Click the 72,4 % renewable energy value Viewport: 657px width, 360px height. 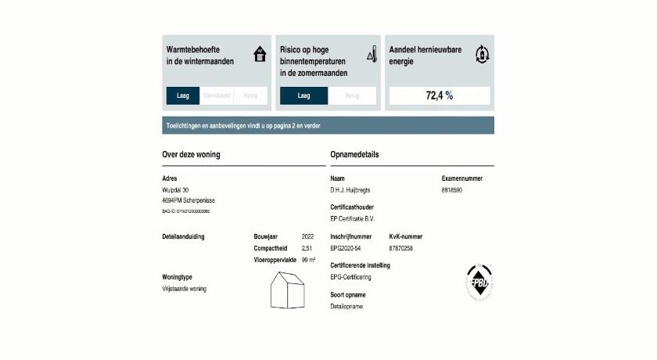[x=439, y=95]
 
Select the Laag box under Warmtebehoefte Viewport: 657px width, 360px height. [x=183, y=95]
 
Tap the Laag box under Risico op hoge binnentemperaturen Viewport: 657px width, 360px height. [x=304, y=95]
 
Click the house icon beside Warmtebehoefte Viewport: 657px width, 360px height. [x=260, y=55]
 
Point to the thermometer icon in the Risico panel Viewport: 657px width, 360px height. [x=372, y=55]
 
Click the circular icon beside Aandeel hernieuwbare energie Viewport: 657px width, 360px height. [x=483, y=55]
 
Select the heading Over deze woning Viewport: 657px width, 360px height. [x=191, y=154]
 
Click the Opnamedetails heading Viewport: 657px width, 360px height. [x=354, y=154]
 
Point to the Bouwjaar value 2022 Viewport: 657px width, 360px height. [x=308, y=236]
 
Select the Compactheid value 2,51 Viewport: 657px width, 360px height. [x=307, y=247]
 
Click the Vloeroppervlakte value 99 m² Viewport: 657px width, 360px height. [x=308, y=259]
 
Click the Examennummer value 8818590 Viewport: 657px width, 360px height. [x=452, y=189]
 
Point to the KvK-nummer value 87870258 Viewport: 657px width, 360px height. [x=400, y=247]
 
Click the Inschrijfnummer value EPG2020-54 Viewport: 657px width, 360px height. [x=346, y=247]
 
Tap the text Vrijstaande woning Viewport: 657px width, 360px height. [x=184, y=289]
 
